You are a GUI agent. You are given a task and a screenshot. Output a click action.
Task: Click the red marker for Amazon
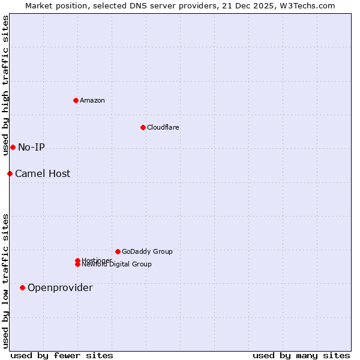coord(76,100)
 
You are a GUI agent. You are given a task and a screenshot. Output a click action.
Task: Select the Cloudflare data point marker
coord(143,127)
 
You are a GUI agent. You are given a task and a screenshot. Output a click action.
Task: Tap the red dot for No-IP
coord(13,147)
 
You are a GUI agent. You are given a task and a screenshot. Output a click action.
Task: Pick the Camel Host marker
coord(10,173)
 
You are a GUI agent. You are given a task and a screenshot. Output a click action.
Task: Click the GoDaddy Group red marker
coord(118,251)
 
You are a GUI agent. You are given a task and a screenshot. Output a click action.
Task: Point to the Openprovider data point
coord(22,287)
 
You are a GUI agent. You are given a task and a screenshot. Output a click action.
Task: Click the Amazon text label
coord(92,100)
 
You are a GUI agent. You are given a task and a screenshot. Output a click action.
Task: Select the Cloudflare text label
coord(163,127)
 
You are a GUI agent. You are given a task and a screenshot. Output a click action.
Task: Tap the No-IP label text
coord(31,147)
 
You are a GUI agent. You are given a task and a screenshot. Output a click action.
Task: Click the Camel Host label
coord(43,173)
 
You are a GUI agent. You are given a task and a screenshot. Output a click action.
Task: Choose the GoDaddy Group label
coord(146,251)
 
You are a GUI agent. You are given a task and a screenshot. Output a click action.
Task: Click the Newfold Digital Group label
coord(116,264)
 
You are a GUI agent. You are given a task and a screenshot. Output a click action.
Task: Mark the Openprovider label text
coord(60,287)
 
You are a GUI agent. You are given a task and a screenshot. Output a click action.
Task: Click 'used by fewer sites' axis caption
coord(62,355)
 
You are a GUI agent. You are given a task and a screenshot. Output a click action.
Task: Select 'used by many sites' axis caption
coord(301,355)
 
